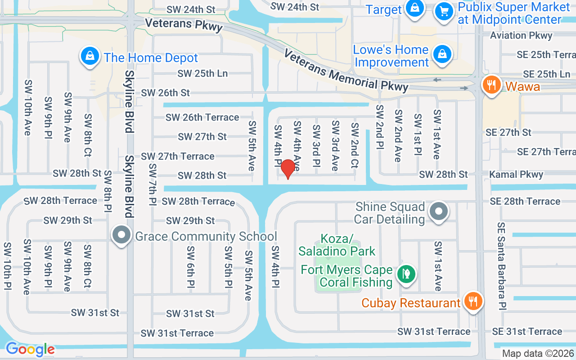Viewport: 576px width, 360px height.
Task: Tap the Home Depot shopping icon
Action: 90,57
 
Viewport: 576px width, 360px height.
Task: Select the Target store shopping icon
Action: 414,9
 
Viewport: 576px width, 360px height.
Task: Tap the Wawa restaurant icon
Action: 491,85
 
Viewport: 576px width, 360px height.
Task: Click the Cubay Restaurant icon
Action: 472,302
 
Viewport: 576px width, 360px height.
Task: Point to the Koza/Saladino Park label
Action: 337,244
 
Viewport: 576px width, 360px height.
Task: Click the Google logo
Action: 30,349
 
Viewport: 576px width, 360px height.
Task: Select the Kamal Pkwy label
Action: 516,174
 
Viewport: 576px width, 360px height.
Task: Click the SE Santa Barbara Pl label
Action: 502,265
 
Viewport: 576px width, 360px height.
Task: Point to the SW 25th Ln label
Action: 202,73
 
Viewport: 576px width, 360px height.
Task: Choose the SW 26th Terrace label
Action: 202,117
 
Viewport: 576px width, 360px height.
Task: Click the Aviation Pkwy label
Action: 521,36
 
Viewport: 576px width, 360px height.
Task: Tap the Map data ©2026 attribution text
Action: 538,354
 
